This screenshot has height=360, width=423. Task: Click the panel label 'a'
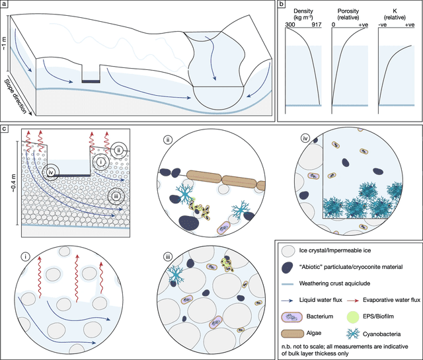click(5, 5)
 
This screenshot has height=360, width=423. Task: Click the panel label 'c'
click(5, 127)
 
